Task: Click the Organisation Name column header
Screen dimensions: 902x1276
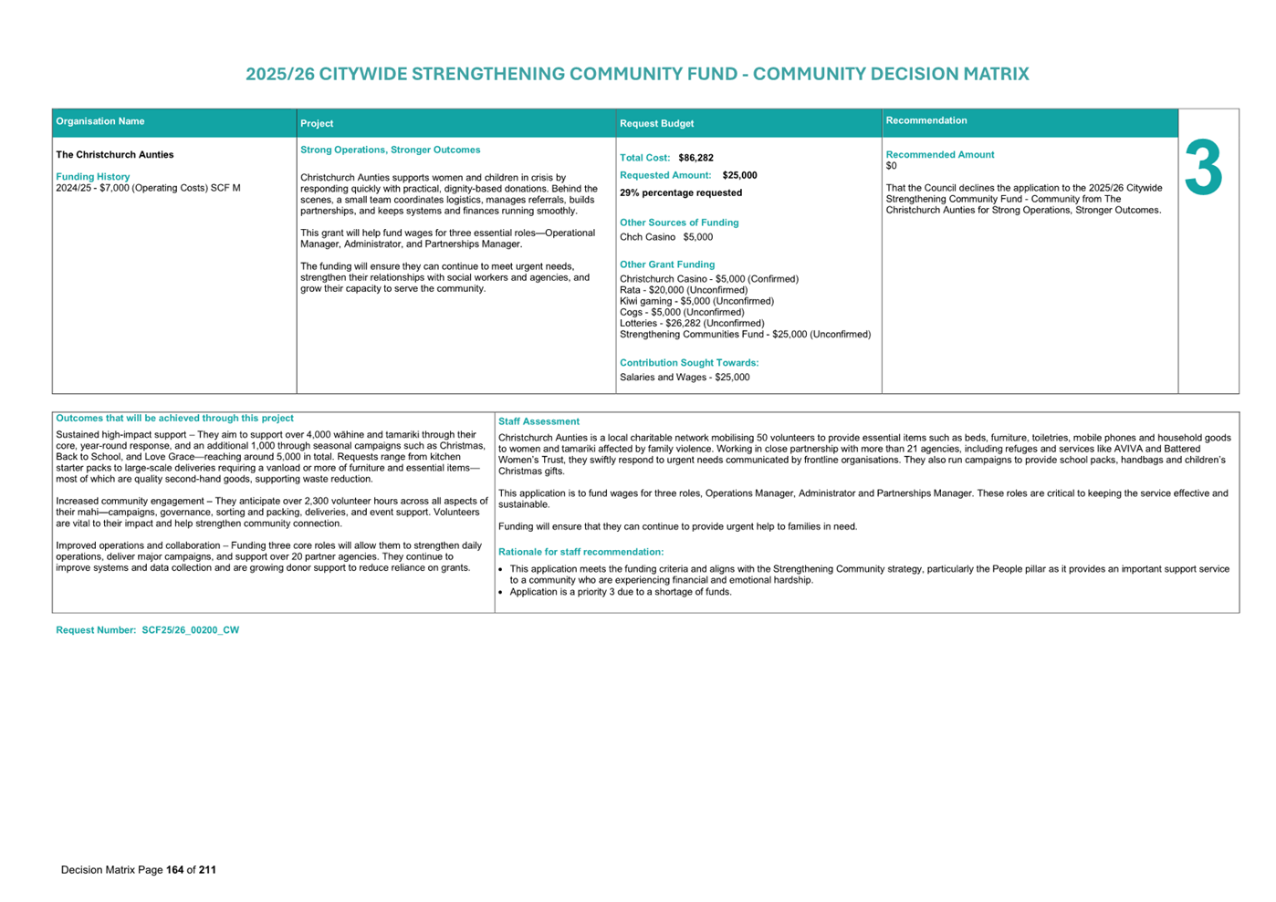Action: point(100,121)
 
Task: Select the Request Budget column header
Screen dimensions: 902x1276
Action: point(656,123)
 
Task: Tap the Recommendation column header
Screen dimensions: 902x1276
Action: point(926,120)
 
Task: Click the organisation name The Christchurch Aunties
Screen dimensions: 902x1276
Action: point(114,155)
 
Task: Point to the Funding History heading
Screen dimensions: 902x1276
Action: point(92,177)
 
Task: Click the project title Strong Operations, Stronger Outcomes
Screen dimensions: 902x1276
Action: point(390,150)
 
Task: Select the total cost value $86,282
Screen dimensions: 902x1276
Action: point(696,158)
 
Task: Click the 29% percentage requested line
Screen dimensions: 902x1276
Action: point(680,192)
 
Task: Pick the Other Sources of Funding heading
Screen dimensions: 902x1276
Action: point(678,223)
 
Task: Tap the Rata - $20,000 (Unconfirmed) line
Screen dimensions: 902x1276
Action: point(683,290)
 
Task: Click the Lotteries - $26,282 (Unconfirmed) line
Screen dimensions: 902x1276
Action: point(691,323)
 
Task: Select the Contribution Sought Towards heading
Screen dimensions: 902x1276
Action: point(688,363)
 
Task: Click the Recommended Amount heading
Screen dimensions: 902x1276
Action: point(939,155)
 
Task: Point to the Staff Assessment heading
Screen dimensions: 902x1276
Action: point(539,421)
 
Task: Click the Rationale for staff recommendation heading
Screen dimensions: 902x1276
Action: point(580,552)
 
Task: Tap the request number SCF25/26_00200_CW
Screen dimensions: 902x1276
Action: point(190,630)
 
